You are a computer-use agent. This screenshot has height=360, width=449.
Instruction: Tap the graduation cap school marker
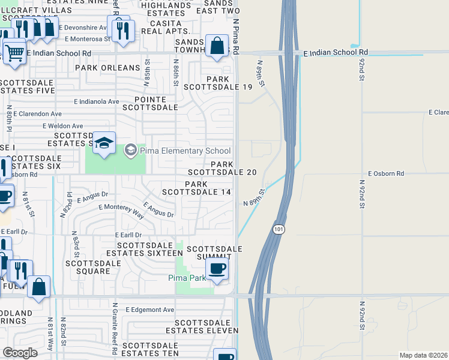104,143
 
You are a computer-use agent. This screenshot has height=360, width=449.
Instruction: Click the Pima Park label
190,278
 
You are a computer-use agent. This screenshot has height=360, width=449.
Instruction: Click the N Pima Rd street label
236,35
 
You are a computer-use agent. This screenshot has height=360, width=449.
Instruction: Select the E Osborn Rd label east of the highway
388,173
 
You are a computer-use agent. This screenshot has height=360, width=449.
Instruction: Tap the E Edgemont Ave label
150,310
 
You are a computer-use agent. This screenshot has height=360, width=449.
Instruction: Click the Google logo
20,353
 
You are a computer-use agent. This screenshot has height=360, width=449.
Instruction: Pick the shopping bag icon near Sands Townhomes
217,46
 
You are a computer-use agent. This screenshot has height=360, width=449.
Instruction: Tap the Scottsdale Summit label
214,253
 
